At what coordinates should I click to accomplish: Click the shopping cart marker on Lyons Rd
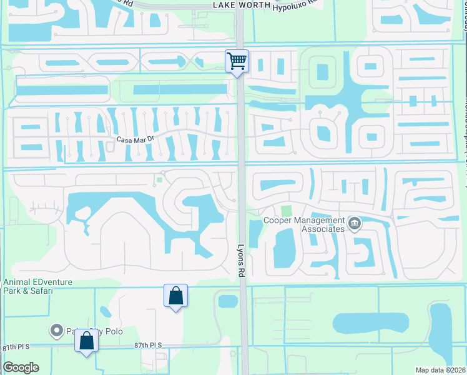[x=237, y=61]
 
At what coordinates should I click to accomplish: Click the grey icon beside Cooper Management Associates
[x=355, y=222]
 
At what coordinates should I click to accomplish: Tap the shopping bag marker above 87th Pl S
[x=175, y=295]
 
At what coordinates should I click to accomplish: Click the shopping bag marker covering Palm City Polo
[x=86, y=341]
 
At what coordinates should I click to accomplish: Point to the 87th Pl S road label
[x=148, y=345]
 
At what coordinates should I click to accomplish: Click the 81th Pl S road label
[x=19, y=346]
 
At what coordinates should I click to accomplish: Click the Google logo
[x=21, y=367]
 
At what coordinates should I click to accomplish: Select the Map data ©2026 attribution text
[x=440, y=370]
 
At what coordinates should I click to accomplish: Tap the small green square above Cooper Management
[x=286, y=212]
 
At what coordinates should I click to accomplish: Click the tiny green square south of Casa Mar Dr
[x=159, y=180]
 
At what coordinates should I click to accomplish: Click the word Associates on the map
[x=322, y=229]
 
